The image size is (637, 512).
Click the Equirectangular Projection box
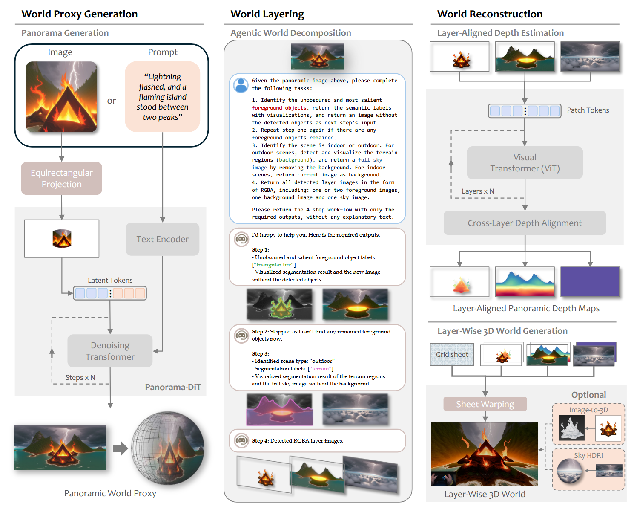62,178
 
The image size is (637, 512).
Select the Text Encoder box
162,239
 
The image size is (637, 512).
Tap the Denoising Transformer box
110,351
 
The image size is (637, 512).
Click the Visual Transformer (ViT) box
525,162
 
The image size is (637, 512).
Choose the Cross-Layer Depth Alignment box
525,223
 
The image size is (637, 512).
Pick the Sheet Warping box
485,404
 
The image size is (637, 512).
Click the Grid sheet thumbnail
452,354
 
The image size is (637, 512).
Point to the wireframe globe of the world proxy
167,448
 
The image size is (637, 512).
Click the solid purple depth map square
590,282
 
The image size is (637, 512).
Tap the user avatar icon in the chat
241,85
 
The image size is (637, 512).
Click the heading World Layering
267,14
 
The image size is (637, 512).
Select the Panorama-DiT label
173,387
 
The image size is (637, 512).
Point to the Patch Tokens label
588,110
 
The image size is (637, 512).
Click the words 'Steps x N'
80,377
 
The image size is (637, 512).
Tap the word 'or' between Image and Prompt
111,101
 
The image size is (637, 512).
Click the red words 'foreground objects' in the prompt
279,107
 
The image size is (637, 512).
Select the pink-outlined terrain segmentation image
279,409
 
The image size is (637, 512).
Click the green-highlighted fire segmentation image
279,304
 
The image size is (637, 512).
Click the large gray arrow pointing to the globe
121,448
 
